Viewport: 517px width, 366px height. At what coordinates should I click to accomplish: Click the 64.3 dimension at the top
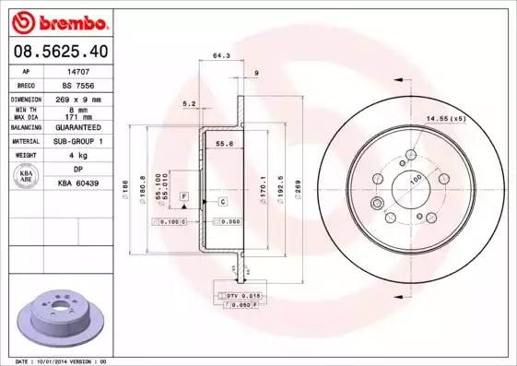coord(221,55)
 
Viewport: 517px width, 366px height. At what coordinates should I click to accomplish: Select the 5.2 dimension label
coord(190,103)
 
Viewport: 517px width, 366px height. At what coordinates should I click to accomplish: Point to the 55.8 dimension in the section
coord(222,143)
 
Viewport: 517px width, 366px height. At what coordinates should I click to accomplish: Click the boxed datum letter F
coord(183,198)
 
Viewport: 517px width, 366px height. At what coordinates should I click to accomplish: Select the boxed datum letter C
coord(222,200)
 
